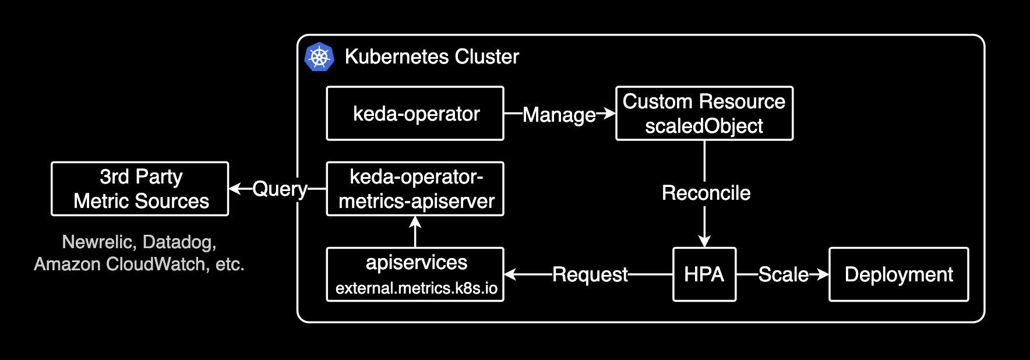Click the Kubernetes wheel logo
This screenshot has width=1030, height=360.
319,57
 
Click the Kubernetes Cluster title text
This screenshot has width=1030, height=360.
431,57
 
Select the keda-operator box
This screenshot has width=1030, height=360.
415,114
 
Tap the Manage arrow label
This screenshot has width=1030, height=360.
559,115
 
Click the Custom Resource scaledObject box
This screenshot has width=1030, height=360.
704,114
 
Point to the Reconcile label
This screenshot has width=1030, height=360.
706,193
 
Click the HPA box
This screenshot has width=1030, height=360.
704,274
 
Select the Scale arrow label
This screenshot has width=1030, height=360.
783,274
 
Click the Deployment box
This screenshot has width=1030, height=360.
898,274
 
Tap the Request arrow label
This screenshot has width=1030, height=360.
590,274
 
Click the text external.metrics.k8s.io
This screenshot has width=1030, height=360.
416,288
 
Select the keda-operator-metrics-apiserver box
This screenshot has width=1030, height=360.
415,189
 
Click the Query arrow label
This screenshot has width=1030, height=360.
280,189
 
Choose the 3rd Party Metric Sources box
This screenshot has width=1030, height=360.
140,189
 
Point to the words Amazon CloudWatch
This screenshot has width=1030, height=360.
120,264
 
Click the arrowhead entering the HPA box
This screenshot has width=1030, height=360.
704,241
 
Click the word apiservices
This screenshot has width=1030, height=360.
416,263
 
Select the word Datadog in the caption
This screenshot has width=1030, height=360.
179,242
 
